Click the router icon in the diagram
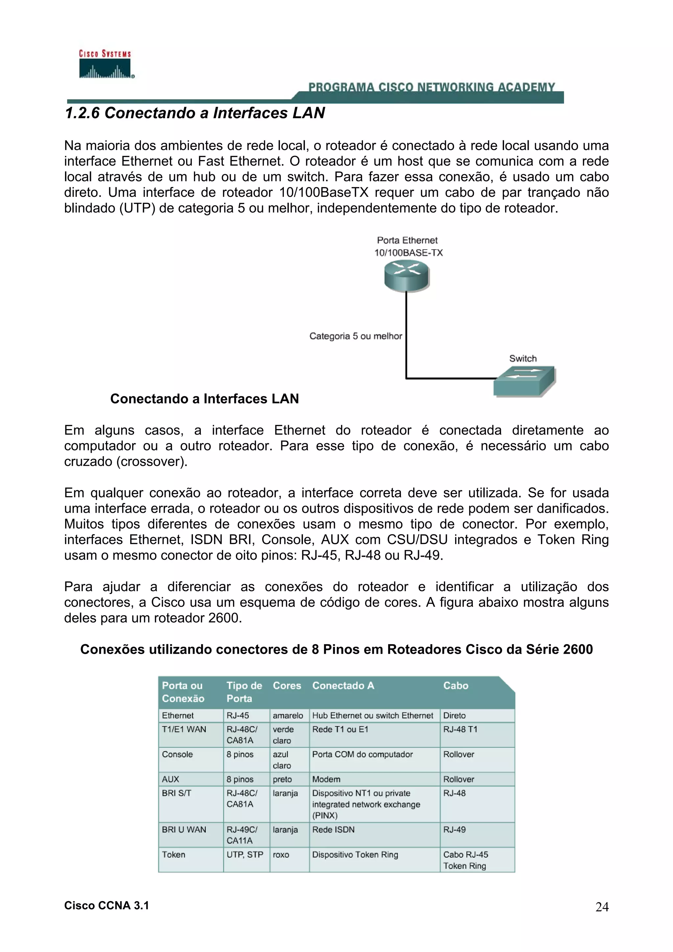pyautogui.click(x=406, y=275)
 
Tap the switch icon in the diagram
pyautogui.click(x=524, y=381)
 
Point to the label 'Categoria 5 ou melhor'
pyautogui.click(x=355, y=336)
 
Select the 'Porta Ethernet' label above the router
pyautogui.click(x=407, y=240)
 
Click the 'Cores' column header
pyautogui.click(x=287, y=685)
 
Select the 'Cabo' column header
pyautogui.click(x=455, y=685)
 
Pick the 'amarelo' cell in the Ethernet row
pyautogui.click(x=288, y=715)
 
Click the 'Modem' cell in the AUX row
pyautogui.click(x=326, y=779)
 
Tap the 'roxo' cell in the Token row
pyautogui.click(x=281, y=854)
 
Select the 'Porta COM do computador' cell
pyautogui.click(x=362, y=754)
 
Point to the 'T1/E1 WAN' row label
pyautogui.click(x=184, y=729)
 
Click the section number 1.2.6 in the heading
pyautogui.click(x=82, y=113)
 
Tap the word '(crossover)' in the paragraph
pyautogui.click(x=152, y=462)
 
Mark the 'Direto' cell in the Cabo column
pyautogui.click(x=454, y=715)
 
